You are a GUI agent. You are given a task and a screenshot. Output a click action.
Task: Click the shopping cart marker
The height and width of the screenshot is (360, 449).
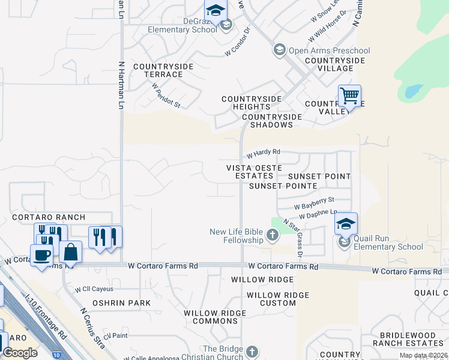point(349,95)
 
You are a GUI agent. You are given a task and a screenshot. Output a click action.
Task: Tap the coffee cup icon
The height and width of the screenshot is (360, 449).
point(41,254)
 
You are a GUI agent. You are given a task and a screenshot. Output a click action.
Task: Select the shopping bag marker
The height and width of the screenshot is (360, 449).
point(70,252)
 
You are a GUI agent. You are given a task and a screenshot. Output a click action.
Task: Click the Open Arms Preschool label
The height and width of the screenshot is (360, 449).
point(329,50)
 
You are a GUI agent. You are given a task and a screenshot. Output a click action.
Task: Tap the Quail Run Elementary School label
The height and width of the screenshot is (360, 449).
point(388,242)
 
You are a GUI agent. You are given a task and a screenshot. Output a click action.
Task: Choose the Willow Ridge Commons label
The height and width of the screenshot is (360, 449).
point(215,317)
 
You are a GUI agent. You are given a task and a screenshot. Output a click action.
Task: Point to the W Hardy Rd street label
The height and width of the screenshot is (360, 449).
point(263,153)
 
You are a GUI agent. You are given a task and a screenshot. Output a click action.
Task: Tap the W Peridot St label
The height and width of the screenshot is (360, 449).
point(166,95)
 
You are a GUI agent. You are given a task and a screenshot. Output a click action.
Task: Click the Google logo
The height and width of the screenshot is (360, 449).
point(20,353)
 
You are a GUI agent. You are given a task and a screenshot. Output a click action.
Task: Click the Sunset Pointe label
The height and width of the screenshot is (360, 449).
point(283,186)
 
